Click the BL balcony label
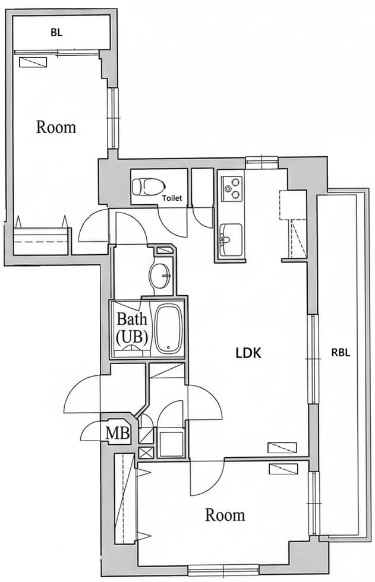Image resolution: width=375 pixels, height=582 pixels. [x=56, y=34]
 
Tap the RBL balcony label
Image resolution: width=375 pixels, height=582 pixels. [x=341, y=352]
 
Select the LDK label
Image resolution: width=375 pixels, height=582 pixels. [x=248, y=353]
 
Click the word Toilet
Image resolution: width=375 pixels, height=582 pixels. [x=172, y=198]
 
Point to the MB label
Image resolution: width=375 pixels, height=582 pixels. [x=118, y=433]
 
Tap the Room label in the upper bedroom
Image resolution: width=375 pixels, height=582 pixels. [x=56, y=126]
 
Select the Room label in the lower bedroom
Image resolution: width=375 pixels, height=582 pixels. [x=225, y=514]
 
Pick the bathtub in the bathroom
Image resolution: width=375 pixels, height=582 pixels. [x=169, y=328]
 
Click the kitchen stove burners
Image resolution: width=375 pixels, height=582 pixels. [x=231, y=188]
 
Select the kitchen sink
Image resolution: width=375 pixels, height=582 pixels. [x=231, y=239]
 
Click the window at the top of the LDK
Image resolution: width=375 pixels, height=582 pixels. [x=261, y=160]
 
